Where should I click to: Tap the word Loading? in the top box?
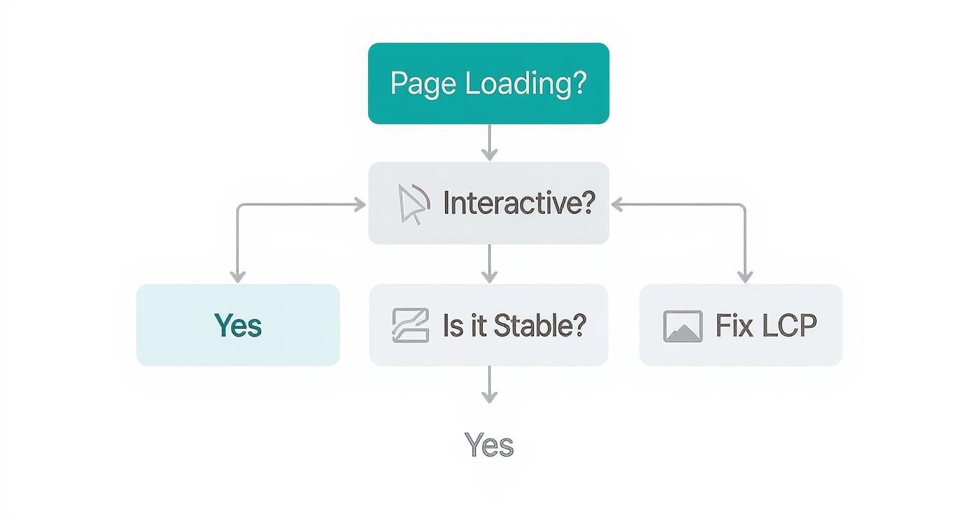(525, 83)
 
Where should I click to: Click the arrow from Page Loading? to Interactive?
(490, 143)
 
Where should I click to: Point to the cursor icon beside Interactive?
(412, 204)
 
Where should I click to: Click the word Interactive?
(518, 204)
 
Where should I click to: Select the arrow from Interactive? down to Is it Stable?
(490, 264)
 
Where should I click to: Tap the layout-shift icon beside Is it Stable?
(410, 325)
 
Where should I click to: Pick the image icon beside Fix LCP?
(682, 326)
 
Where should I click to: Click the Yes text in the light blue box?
(238, 325)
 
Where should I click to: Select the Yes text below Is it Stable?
(489, 445)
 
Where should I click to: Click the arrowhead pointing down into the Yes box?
(238, 277)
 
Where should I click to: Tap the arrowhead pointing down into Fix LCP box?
(744, 277)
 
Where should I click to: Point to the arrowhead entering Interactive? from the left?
(360, 204)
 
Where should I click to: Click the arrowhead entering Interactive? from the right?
(618, 204)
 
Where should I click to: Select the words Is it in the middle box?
(463, 325)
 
